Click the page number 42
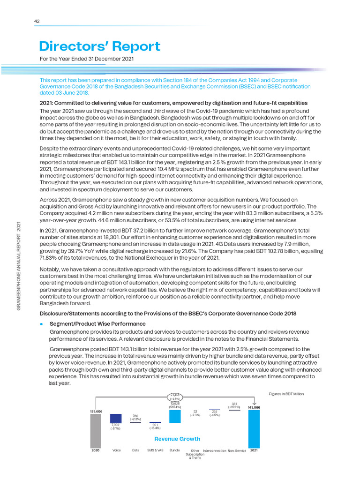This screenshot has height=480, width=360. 37,21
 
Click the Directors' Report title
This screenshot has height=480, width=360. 99,46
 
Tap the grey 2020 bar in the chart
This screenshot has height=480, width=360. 96,431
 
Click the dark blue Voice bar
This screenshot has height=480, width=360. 116,418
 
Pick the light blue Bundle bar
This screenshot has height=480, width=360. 175,416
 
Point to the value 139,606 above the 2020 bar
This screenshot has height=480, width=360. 96,411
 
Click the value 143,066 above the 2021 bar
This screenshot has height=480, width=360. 254,408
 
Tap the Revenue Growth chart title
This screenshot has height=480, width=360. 177,439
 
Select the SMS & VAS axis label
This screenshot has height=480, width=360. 155,450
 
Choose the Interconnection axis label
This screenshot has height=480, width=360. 215,450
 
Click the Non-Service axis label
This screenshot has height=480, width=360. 237,450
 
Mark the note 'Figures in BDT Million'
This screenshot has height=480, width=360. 286,394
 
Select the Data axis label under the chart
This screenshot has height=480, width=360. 135,450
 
